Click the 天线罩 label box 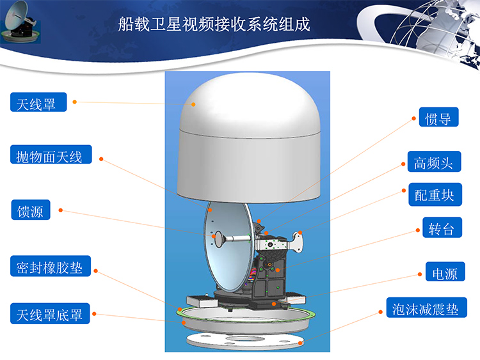[38, 102]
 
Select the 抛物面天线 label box [51, 155]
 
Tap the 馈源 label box [31, 210]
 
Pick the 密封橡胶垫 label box [51, 266]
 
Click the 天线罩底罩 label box [50, 313]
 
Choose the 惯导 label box [438, 117]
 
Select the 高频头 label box [434, 162]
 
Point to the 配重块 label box [435, 194]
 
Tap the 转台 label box [442, 228]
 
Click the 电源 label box [445, 272]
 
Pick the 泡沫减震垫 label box [426, 308]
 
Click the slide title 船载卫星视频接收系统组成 [214, 24]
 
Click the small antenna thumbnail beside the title [20, 22]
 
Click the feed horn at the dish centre [219, 239]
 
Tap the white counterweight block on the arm [296, 242]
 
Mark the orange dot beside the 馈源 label [61, 210]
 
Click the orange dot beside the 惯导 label [413, 118]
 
